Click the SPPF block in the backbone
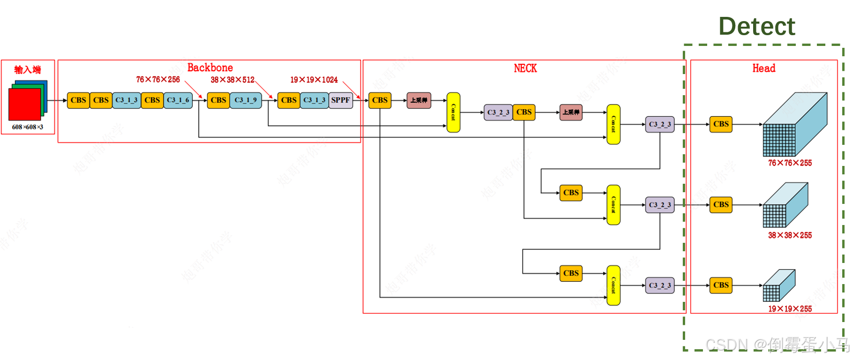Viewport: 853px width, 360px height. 340,100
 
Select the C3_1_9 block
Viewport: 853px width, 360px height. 245,100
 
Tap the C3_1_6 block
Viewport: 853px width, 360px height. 178,100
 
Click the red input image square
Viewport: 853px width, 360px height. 24,104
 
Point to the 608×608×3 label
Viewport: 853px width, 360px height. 27,127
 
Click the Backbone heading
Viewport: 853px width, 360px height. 210,67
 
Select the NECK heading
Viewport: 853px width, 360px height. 525,68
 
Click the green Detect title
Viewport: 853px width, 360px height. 756,26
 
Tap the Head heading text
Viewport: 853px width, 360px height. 763,68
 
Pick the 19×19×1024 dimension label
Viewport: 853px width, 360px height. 313,80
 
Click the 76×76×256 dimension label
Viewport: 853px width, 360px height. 158,80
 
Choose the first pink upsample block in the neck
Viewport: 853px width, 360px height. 418,100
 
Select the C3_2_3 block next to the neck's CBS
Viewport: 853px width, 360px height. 498,112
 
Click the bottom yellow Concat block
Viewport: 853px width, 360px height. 613,285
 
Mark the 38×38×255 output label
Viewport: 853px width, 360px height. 789,235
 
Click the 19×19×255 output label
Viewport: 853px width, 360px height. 789,309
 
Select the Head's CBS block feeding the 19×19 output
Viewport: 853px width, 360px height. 720,285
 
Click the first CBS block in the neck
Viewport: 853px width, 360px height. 379,100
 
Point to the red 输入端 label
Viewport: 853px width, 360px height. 27,70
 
